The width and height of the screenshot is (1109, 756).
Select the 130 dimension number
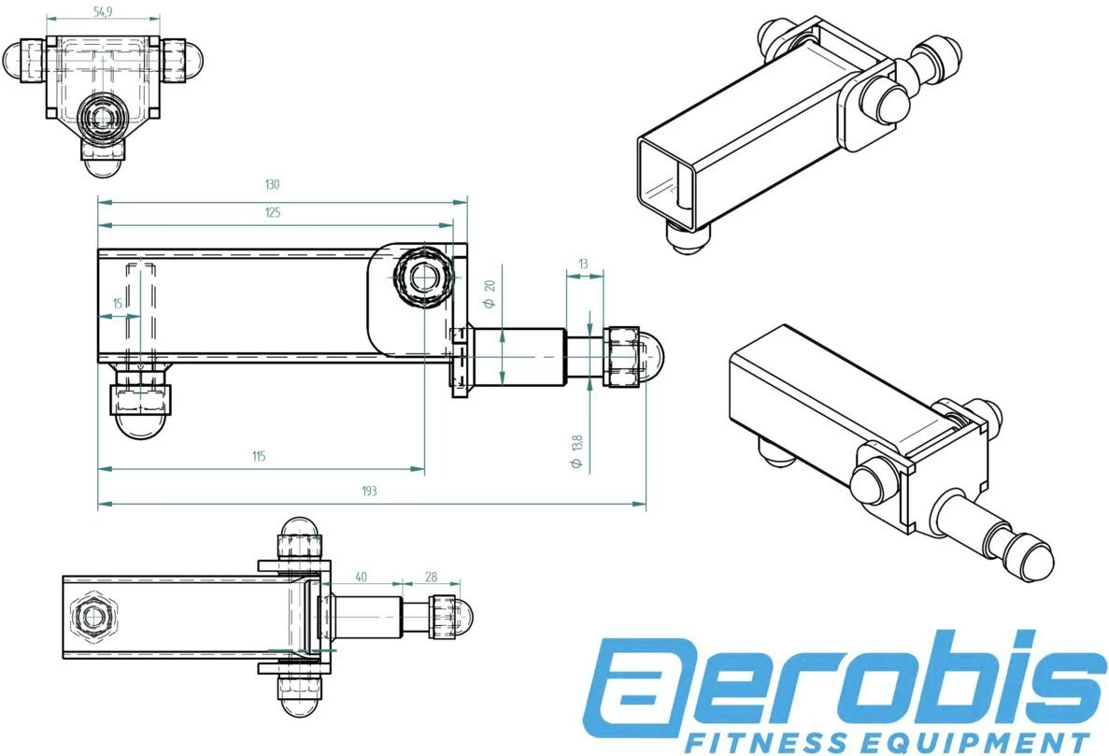273,184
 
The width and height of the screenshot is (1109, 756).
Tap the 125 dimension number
273,213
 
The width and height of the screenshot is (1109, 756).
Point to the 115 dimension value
259,456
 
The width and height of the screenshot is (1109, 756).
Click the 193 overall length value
369,491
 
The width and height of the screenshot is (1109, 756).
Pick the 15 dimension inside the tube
117,304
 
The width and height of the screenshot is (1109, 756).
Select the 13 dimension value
584,264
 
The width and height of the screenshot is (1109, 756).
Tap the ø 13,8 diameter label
576,451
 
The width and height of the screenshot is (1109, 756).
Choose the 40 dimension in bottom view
361,577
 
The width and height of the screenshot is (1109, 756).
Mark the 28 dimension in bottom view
431,577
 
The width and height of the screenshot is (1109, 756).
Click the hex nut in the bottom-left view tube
92,616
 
